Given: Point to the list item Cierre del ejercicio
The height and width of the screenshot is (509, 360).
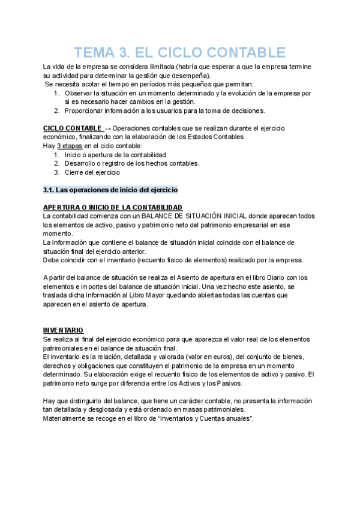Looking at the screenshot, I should [x=92, y=172].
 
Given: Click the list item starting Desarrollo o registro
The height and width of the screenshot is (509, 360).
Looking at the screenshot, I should [x=132, y=163].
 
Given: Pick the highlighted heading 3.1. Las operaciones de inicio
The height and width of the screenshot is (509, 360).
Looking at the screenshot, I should [x=110, y=190].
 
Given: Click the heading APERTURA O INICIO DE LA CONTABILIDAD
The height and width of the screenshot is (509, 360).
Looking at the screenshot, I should [x=113, y=207].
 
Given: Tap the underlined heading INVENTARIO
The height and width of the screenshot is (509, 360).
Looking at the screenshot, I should [x=63, y=330].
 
